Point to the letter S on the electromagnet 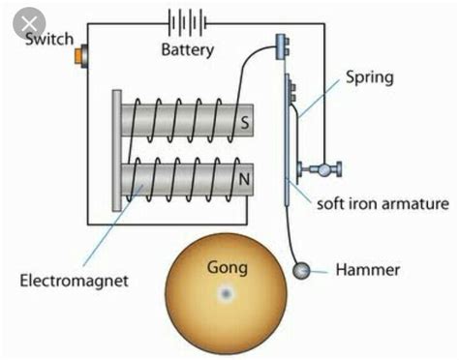(x=246, y=124)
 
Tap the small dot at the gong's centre (x=227, y=293)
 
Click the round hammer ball (x=305, y=271)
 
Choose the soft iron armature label (x=382, y=204)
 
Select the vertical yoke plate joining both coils (x=116, y=147)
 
